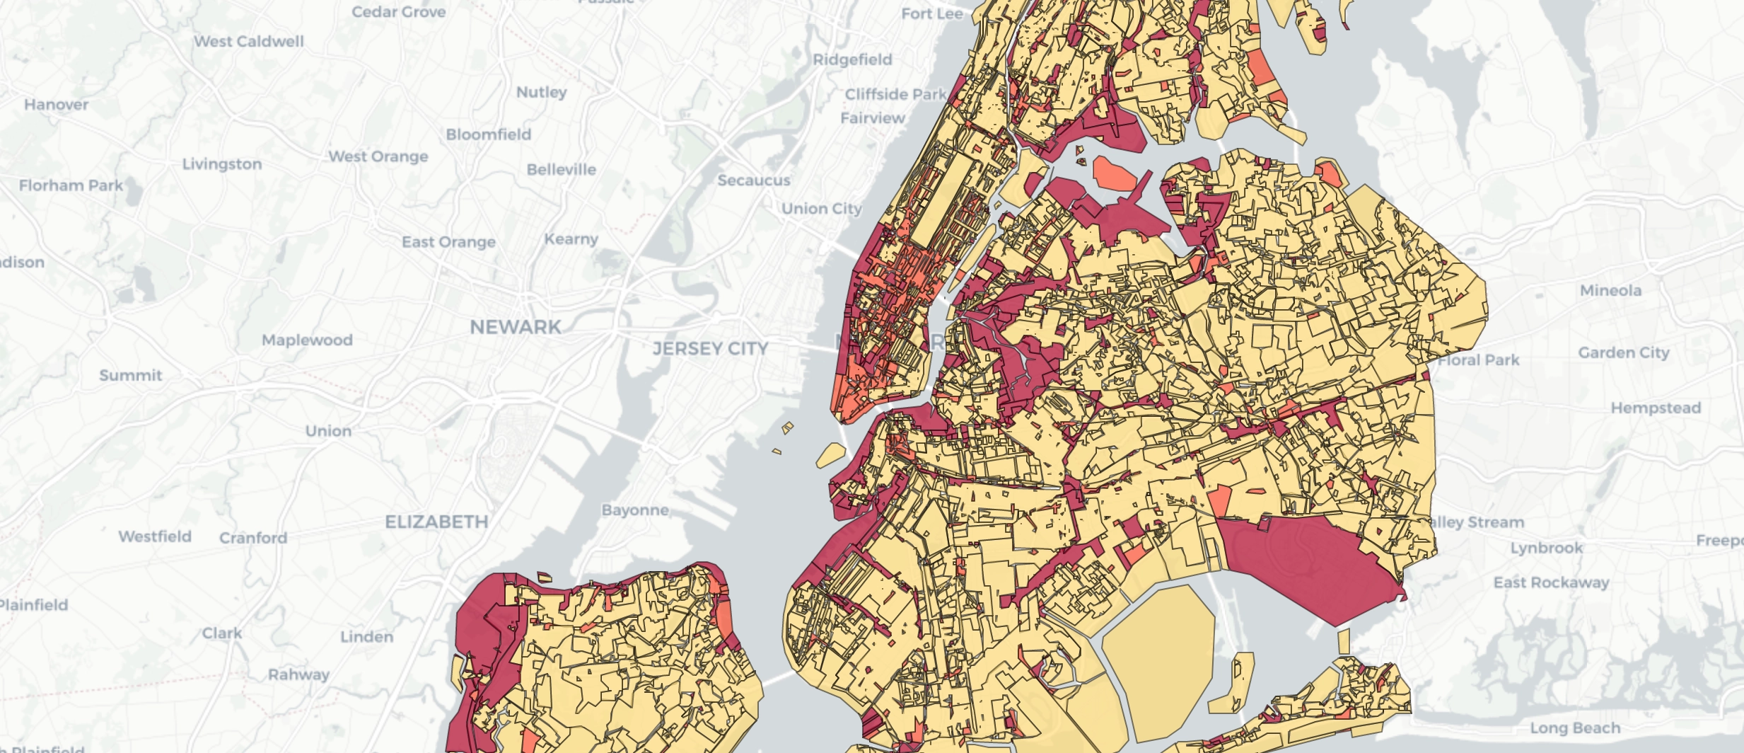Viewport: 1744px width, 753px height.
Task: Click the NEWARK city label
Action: (x=516, y=327)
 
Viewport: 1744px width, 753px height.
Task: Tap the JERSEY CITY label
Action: (x=710, y=348)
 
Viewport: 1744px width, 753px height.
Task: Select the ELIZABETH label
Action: (x=436, y=522)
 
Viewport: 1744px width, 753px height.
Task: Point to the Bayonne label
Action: (x=635, y=510)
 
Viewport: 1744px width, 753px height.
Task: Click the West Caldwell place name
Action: (x=249, y=41)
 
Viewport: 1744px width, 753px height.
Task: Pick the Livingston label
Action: (x=222, y=163)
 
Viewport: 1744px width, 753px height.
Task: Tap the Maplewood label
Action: (x=307, y=340)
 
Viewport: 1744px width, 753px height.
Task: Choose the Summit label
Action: (x=131, y=375)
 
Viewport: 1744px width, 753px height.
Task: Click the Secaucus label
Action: (x=754, y=180)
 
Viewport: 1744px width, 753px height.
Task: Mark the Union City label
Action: (x=821, y=209)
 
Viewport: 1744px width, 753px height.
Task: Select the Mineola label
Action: (x=1610, y=290)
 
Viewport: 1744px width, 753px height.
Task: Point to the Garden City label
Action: (x=1623, y=352)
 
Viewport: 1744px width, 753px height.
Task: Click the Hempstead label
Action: (x=1656, y=408)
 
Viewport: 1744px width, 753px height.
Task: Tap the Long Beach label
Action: (x=1575, y=728)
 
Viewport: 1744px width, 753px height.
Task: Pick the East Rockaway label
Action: (x=1551, y=582)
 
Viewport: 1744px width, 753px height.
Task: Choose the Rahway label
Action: (x=298, y=674)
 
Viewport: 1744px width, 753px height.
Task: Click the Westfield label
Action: (x=155, y=536)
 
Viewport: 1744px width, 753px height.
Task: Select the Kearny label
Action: (x=571, y=239)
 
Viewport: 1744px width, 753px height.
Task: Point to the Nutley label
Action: (x=542, y=92)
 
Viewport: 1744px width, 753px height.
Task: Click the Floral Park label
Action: (x=1479, y=360)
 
